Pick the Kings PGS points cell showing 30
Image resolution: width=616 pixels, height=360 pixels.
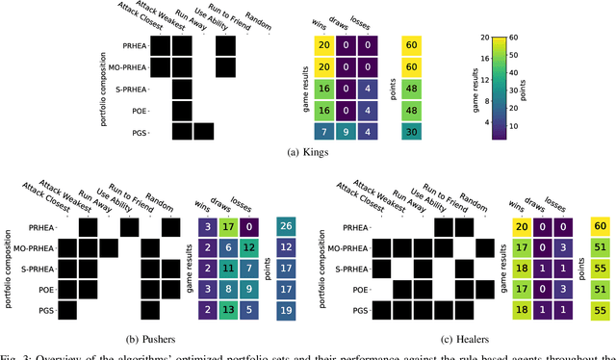413,130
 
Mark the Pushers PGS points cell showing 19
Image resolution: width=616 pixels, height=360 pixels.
286,309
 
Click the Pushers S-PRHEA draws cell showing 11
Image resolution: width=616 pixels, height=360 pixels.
223,268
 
